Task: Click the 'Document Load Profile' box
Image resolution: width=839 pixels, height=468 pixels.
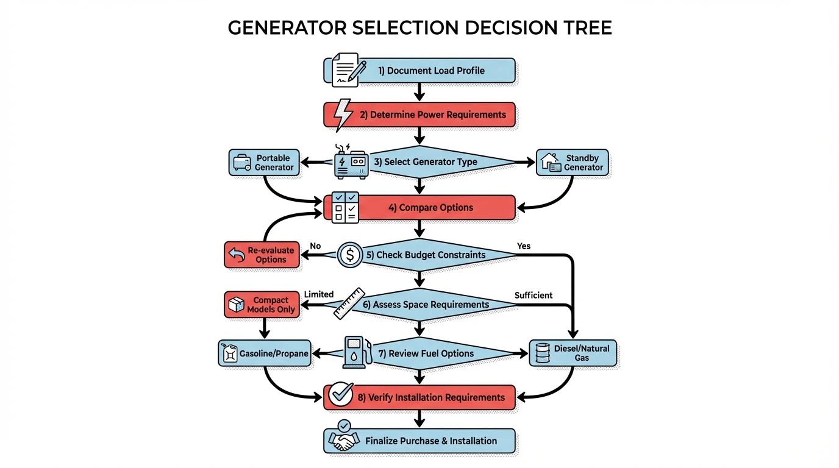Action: coord(435,71)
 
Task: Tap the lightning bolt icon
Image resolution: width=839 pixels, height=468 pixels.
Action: coord(343,113)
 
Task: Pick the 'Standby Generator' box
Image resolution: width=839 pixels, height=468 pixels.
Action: coord(572,163)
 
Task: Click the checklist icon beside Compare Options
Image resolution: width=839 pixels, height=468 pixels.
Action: coord(345,207)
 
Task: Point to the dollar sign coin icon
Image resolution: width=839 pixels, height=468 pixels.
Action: coord(350,254)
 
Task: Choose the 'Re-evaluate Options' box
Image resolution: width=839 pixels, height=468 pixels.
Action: coord(262,255)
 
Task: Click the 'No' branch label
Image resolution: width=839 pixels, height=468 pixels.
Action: coord(315,246)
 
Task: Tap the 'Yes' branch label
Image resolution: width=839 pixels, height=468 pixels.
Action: coord(524,246)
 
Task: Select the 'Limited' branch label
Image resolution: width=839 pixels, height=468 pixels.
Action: coord(319,294)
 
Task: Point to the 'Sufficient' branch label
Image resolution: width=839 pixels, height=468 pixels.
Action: coord(534,296)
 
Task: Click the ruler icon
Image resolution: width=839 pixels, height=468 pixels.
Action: coord(349,303)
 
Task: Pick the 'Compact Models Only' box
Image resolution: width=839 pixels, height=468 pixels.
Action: coord(262,305)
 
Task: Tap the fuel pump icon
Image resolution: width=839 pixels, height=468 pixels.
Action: coord(357,352)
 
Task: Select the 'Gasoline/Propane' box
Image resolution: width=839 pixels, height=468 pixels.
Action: coord(265,353)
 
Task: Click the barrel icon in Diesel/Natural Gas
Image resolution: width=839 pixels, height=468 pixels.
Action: coord(542,353)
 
